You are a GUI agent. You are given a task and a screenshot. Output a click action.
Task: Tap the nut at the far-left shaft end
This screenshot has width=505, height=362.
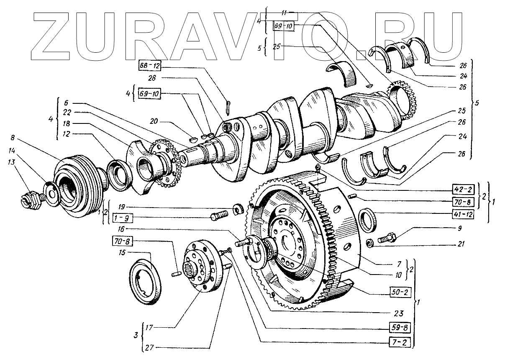[30, 200]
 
